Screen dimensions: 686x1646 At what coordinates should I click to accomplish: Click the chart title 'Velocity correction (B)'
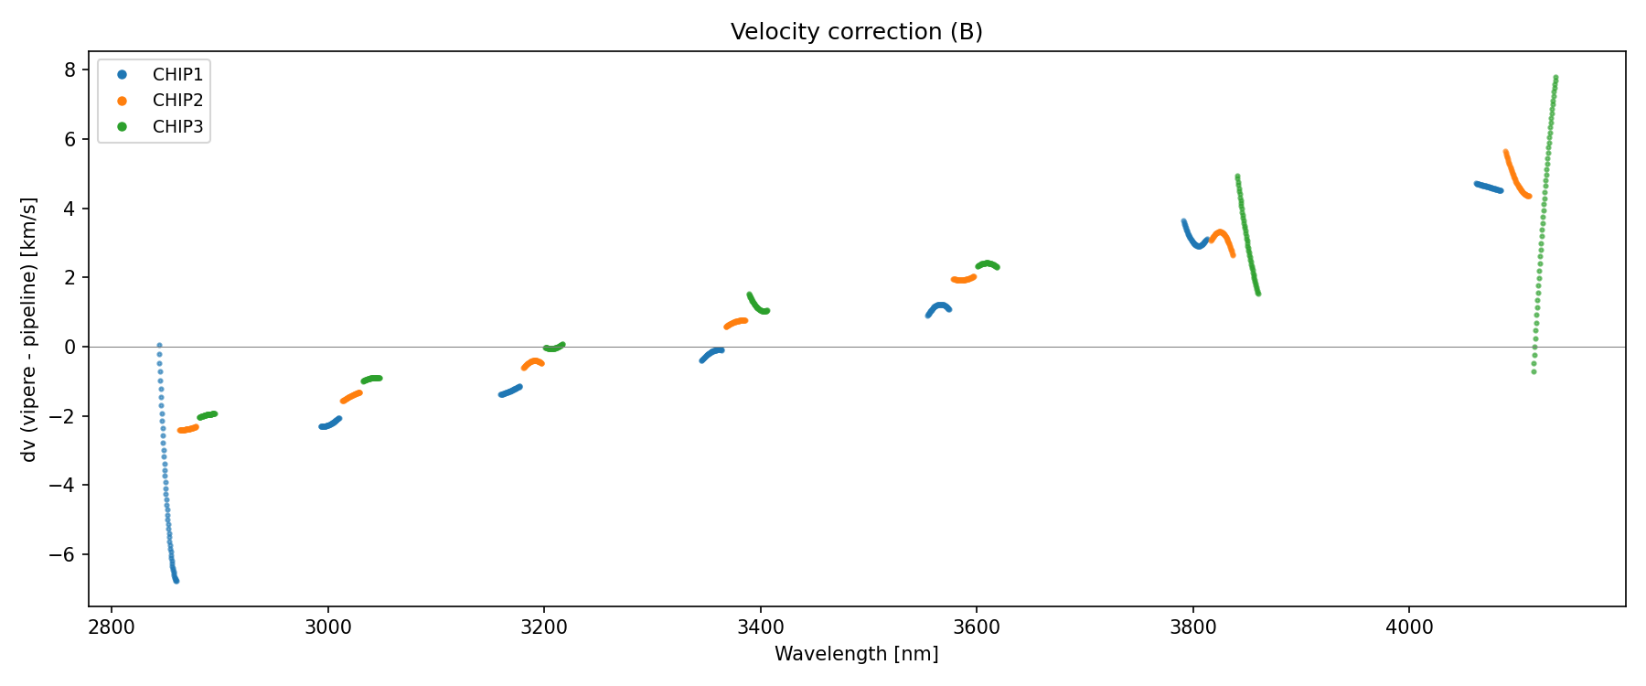point(856,32)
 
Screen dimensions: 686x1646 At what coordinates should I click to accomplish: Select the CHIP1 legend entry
point(177,75)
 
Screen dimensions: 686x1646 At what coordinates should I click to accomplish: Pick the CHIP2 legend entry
point(177,101)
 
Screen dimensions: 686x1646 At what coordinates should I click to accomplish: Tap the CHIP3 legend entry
point(177,127)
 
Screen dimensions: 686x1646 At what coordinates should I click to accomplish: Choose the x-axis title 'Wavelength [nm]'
point(856,654)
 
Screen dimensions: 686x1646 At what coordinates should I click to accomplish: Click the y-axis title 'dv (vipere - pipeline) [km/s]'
point(29,329)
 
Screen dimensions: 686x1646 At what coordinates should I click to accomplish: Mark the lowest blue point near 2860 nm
point(176,581)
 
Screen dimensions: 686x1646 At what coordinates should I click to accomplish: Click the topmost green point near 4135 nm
point(1555,78)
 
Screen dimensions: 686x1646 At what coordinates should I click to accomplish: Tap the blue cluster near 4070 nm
point(1488,187)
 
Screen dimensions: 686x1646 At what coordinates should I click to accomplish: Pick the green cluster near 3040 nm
point(371,379)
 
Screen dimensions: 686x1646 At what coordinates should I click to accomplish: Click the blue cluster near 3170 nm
point(510,391)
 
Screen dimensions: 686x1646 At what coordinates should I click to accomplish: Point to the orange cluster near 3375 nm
point(736,322)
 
